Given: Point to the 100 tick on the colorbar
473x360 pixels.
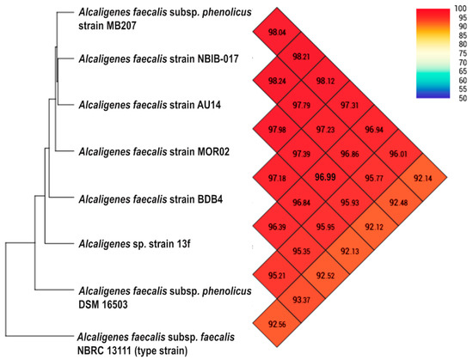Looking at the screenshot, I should (x=462, y=9).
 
